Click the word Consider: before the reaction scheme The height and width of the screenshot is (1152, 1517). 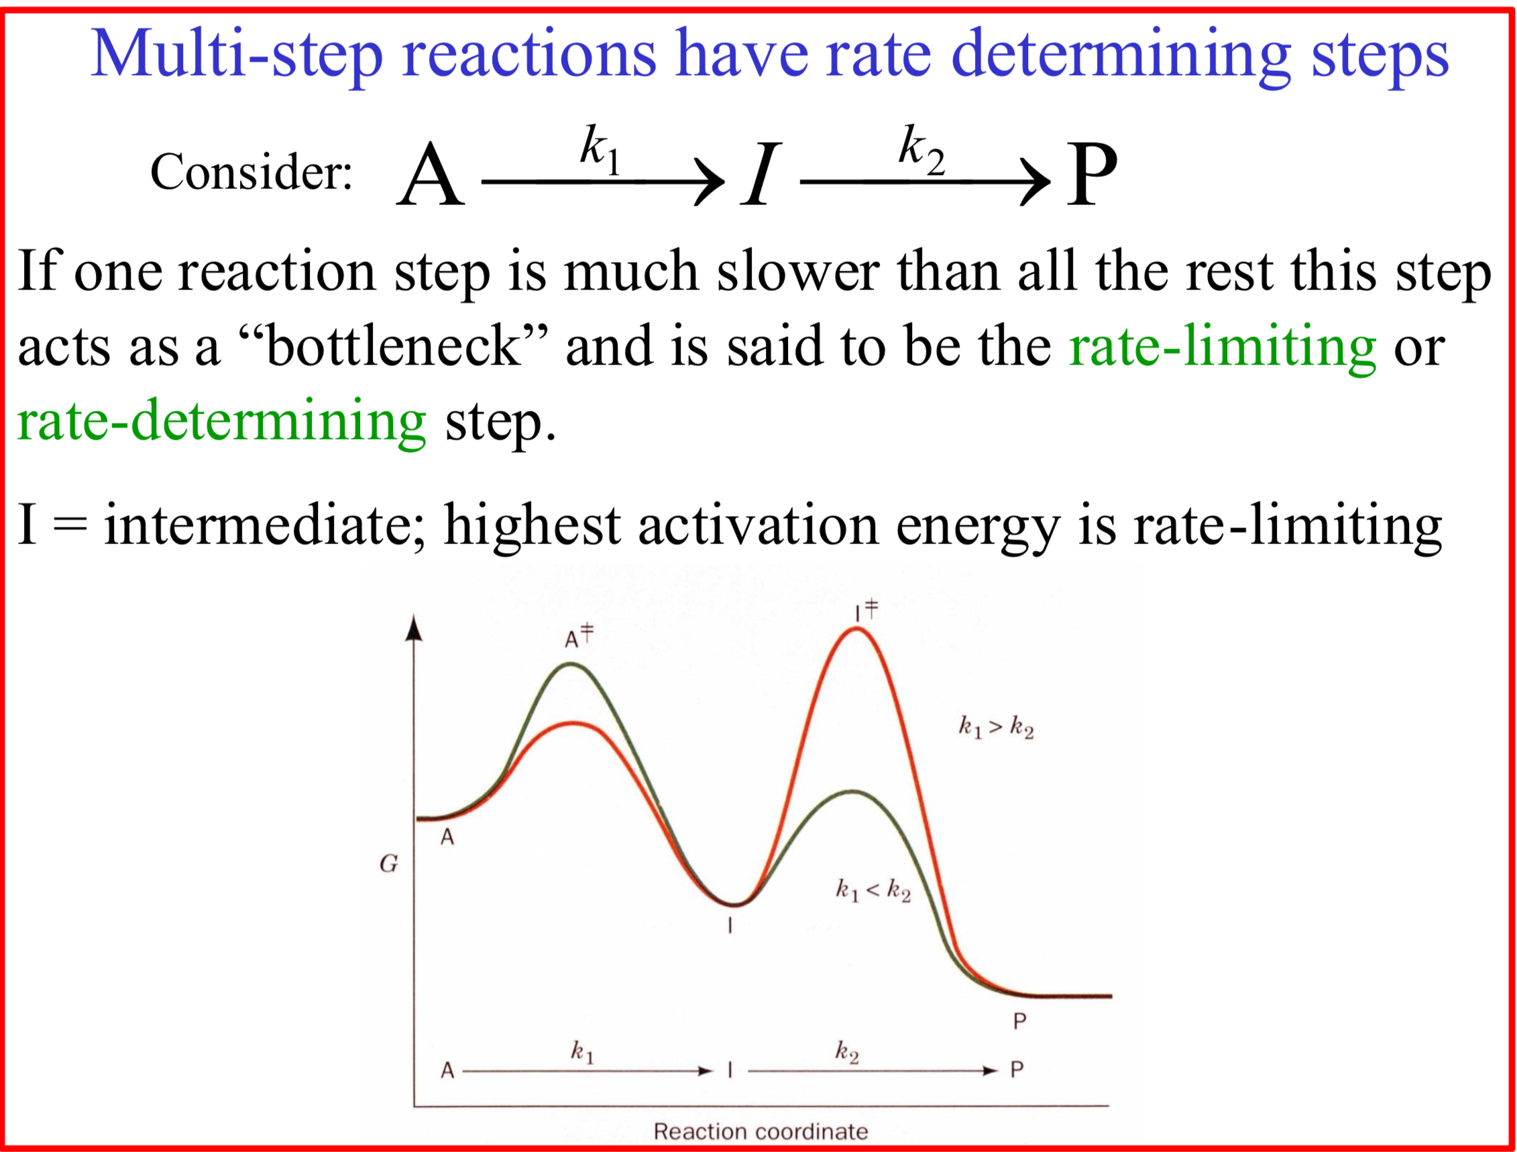click(251, 172)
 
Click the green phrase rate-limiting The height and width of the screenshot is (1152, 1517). click(1222, 346)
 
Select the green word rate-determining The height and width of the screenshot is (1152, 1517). click(221, 421)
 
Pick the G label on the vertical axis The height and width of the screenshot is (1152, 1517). click(388, 864)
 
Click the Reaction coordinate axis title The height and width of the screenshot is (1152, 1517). click(761, 1131)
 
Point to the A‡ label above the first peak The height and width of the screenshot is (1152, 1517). click(577, 637)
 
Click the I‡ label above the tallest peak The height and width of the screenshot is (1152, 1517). click(866, 609)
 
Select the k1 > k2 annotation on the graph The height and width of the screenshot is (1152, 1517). click(995, 727)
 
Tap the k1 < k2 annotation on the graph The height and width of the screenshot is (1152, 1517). click(873, 890)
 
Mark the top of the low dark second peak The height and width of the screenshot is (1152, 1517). click(854, 792)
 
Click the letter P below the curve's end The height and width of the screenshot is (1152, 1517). click(1019, 1022)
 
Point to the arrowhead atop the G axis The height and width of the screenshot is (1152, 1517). click(413, 628)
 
